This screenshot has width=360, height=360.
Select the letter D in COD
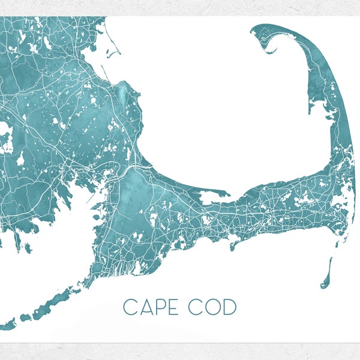pyautogui.click(x=229, y=307)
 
